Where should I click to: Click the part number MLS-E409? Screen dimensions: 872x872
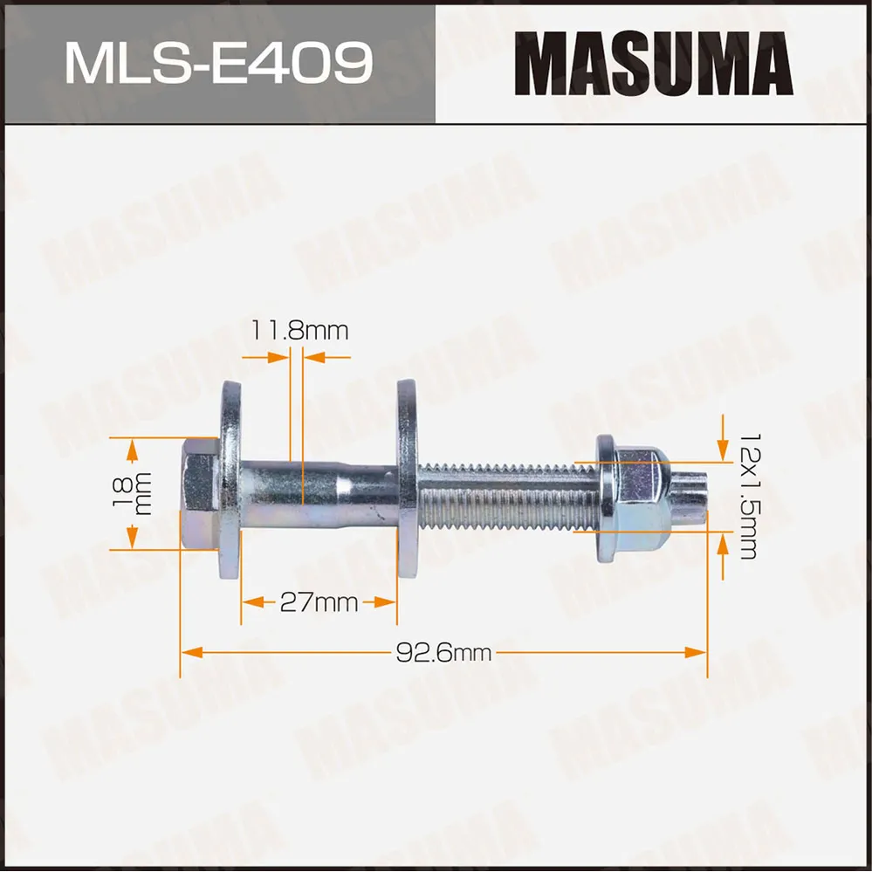(x=218, y=62)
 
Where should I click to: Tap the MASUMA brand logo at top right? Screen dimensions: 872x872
(x=653, y=63)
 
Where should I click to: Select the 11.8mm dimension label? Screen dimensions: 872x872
(x=299, y=331)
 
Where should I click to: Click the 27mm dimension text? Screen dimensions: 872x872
(x=319, y=602)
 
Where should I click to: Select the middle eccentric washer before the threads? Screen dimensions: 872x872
(x=407, y=480)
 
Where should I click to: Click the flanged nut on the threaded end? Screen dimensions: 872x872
(x=630, y=498)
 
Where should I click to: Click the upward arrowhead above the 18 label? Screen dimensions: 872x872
(x=132, y=447)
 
